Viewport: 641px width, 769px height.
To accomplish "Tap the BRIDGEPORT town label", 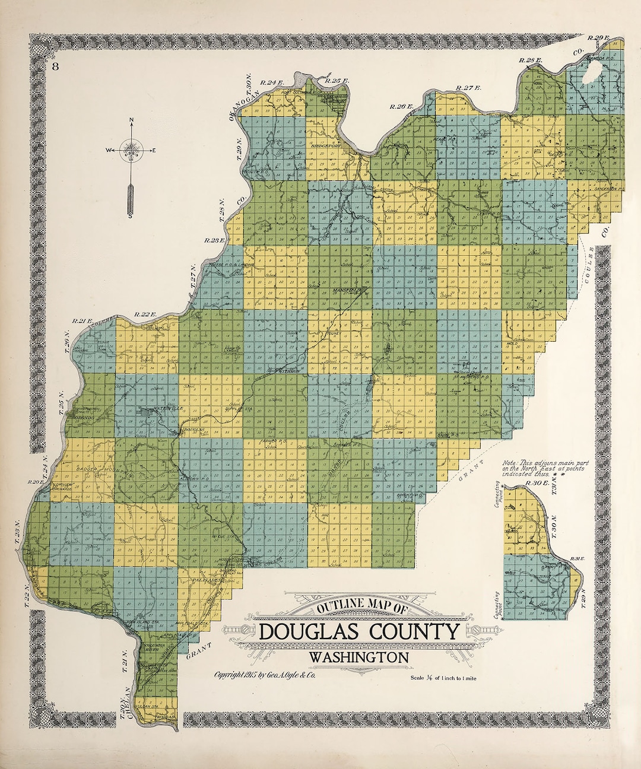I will point(324,145).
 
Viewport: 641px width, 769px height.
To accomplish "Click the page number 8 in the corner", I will point(55,66).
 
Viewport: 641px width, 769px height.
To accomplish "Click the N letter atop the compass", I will point(131,122).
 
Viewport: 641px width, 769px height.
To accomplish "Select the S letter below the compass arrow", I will point(131,215).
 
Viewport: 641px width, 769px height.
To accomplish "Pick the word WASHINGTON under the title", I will point(358,657).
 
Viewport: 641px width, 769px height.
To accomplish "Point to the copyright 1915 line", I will point(273,675).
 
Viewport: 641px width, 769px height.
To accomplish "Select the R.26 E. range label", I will point(401,106).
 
